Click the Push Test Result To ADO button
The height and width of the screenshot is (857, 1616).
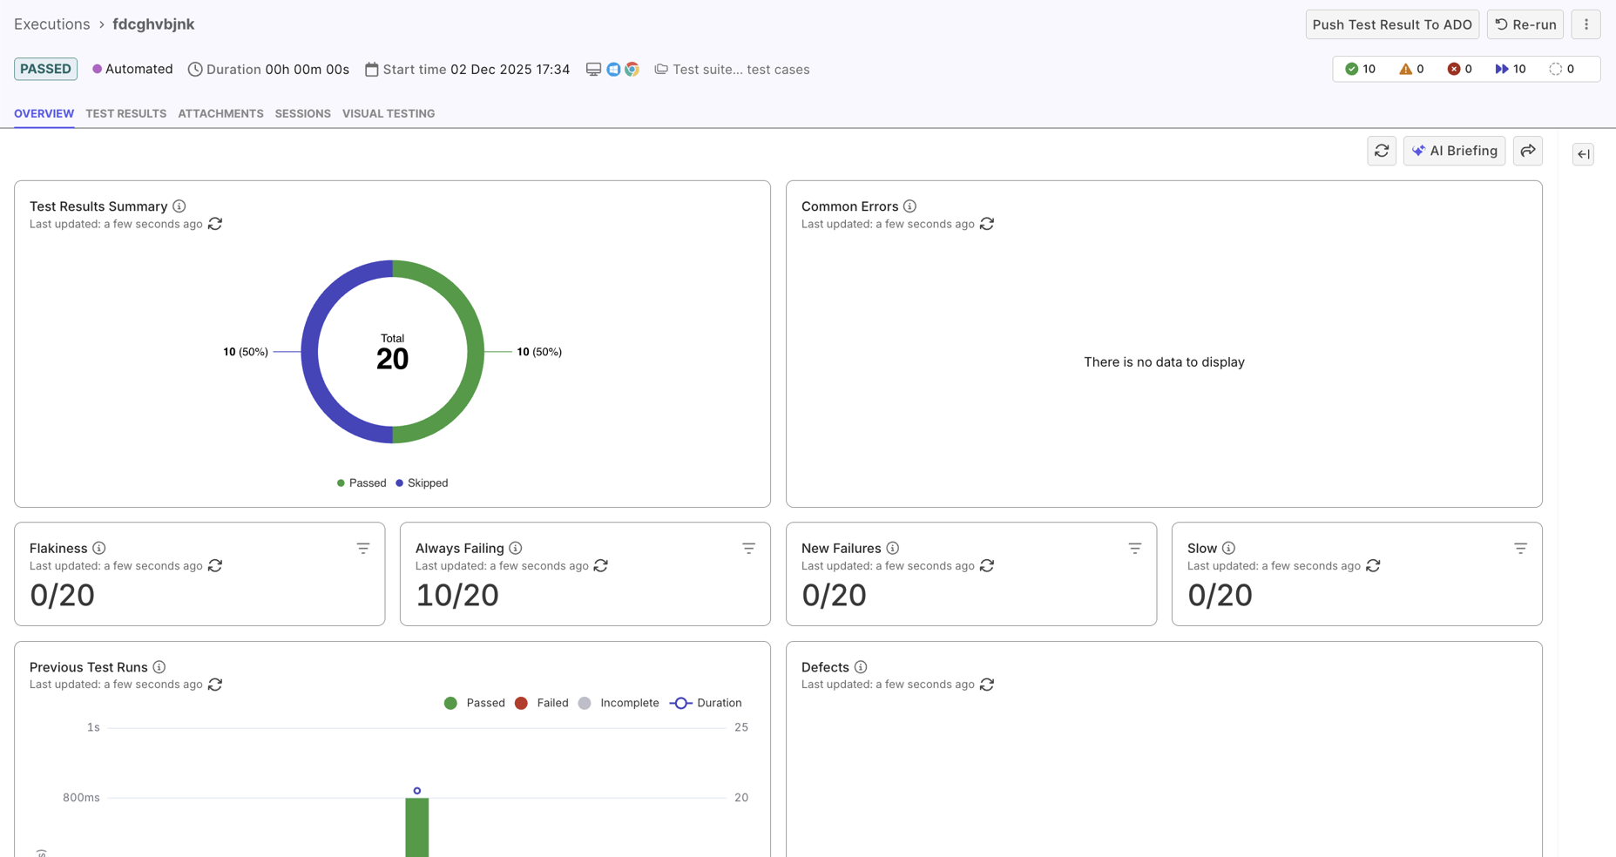(x=1391, y=24)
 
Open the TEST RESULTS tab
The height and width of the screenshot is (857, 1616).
(x=125, y=113)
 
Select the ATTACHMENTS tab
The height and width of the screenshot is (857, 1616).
(x=220, y=113)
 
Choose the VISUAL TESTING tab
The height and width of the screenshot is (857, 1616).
(x=389, y=113)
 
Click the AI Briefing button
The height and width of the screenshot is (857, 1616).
(x=1454, y=151)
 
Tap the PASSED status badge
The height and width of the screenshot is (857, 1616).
(x=45, y=69)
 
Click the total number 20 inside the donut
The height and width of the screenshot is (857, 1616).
(x=392, y=358)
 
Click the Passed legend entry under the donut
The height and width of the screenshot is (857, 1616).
(x=362, y=482)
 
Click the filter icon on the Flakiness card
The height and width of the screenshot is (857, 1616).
(x=363, y=548)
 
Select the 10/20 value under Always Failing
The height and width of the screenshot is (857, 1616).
(x=456, y=595)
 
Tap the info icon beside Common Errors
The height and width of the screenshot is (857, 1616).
(x=909, y=206)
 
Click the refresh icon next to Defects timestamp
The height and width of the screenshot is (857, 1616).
(x=987, y=685)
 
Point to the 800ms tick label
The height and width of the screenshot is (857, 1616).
(x=81, y=797)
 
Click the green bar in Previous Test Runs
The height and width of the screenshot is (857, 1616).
(x=417, y=827)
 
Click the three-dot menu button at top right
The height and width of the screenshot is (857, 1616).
(x=1586, y=24)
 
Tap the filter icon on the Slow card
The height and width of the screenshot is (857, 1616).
(x=1520, y=548)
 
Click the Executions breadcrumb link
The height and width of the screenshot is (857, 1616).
(x=51, y=24)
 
